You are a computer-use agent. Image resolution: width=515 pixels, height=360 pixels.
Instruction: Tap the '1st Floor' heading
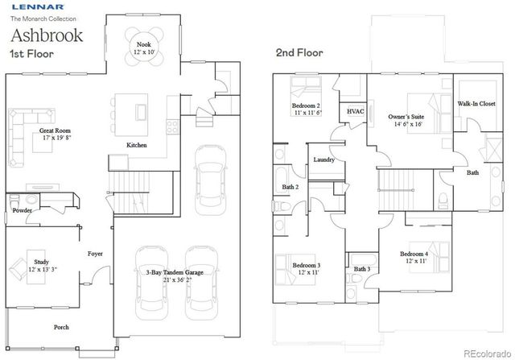(x=31, y=54)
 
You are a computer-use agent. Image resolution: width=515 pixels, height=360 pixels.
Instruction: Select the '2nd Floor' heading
(x=299, y=53)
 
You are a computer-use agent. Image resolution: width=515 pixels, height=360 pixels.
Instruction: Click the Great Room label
(x=56, y=132)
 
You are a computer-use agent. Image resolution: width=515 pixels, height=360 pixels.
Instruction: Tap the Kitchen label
(x=137, y=146)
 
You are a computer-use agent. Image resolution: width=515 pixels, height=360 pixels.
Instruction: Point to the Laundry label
(x=324, y=160)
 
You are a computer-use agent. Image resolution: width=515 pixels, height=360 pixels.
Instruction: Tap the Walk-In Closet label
(x=476, y=104)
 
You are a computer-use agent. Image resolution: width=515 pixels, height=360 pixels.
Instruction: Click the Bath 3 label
(x=362, y=269)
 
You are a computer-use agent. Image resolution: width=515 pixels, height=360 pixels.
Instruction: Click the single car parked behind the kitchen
(x=212, y=179)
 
